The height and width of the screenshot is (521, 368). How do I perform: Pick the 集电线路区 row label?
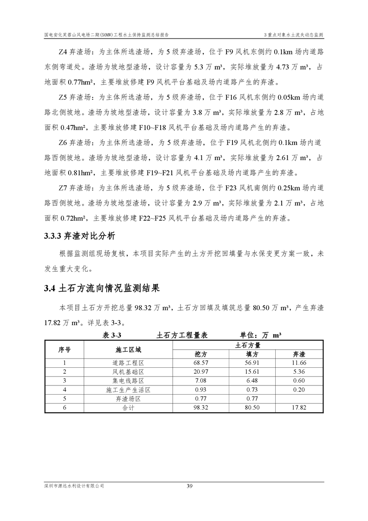pos(128,380)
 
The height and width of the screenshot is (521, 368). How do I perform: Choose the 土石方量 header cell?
pos(248,345)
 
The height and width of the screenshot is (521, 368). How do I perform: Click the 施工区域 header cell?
pos(128,349)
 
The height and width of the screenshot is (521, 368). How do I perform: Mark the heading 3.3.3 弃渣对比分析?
pos(79,235)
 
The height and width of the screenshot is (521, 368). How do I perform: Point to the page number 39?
pos(189,486)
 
